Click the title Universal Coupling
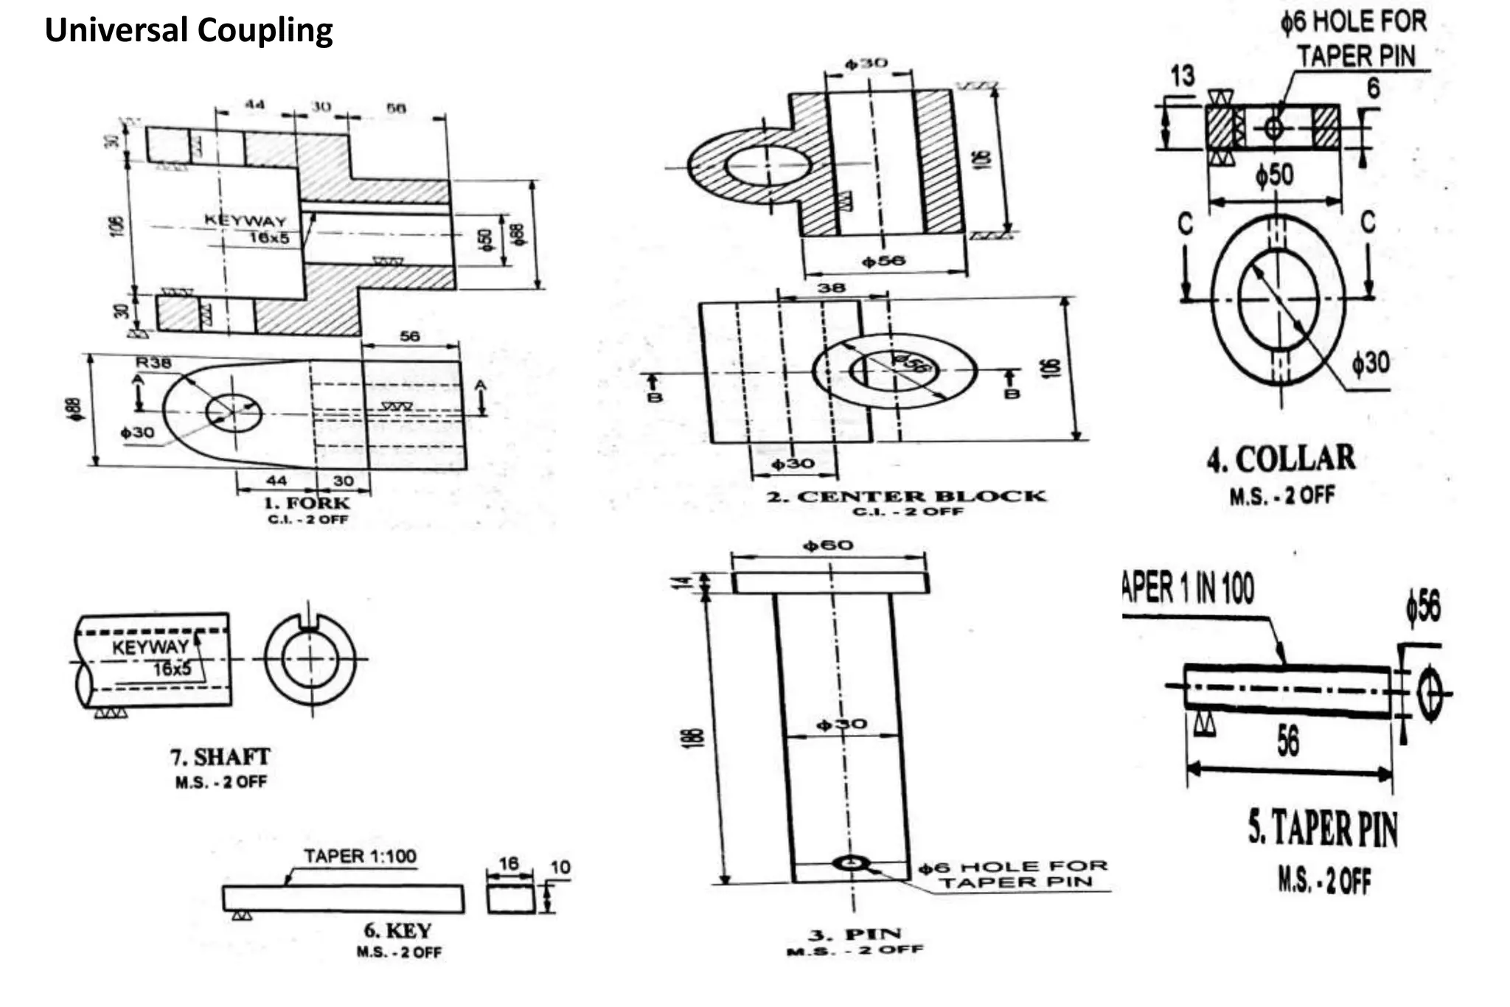coord(189,31)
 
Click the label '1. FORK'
coord(307,503)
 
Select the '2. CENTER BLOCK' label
coord(906,496)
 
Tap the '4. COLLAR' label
coord(1281,459)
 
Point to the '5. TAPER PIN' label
coord(1323,829)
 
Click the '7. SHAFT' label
coord(220,757)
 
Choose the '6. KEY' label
coord(397,930)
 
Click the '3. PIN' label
coord(855,935)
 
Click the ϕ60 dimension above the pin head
coord(828,546)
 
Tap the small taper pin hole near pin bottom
coord(852,863)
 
